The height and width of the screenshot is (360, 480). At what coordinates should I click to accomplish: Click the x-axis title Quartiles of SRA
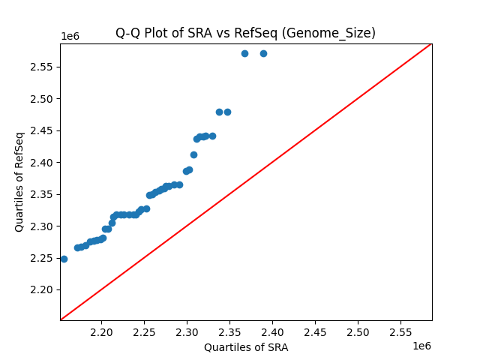pyautogui.click(x=245, y=347)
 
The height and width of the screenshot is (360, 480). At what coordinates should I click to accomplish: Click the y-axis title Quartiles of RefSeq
pyautogui.click(x=19, y=181)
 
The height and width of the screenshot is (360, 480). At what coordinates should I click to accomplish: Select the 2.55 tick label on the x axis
pyautogui.click(x=400, y=331)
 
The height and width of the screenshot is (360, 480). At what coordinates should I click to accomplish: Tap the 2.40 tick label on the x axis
pyautogui.click(x=272, y=331)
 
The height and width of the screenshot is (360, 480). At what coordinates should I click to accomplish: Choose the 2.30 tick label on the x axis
pyautogui.click(x=187, y=331)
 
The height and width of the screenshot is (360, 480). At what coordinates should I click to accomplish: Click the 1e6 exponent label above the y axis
pyautogui.click(x=71, y=37)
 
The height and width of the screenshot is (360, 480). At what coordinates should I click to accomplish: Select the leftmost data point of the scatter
pyautogui.click(x=64, y=259)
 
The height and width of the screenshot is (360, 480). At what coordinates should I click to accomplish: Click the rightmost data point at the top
pyautogui.click(x=263, y=53)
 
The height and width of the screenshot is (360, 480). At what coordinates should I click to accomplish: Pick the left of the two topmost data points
pyautogui.click(x=244, y=53)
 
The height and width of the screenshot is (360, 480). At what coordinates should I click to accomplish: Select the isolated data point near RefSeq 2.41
pyautogui.click(x=193, y=154)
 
